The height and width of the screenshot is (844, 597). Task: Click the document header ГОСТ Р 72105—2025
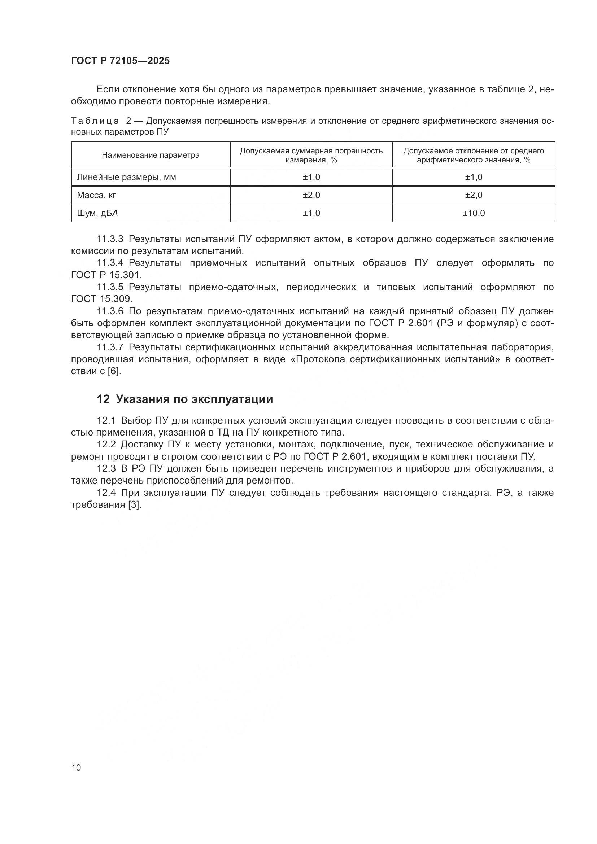pyautogui.click(x=120, y=61)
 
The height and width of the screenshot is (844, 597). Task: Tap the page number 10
pyautogui.click(x=76, y=768)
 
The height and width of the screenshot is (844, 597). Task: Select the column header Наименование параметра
pyautogui.click(x=151, y=155)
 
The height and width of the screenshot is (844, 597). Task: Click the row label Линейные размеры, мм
pyautogui.click(x=126, y=177)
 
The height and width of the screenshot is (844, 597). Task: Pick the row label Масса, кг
pyautogui.click(x=96, y=195)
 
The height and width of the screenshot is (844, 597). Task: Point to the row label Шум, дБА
pyautogui.click(x=97, y=213)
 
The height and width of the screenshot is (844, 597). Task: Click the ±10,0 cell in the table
pyautogui.click(x=474, y=213)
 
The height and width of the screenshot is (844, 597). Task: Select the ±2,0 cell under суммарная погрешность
pyautogui.click(x=311, y=195)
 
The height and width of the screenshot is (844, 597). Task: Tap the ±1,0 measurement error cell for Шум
pyautogui.click(x=311, y=213)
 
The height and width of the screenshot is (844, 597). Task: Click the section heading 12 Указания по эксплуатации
pyautogui.click(x=184, y=399)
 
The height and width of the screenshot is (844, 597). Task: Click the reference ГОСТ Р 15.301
pyautogui.click(x=106, y=275)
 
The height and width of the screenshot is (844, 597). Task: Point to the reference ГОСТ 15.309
pyautogui.click(x=101, y=299)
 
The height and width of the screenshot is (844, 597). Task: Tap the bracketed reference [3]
pyautogui.click(x=135, y=505)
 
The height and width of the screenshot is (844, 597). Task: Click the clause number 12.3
pyautogui.click(x=106, y=469)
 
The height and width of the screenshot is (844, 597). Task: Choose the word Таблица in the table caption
pyautogui.click(x=95, y=121)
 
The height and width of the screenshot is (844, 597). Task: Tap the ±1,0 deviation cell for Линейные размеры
pyautogui.click(x=474, y=177)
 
